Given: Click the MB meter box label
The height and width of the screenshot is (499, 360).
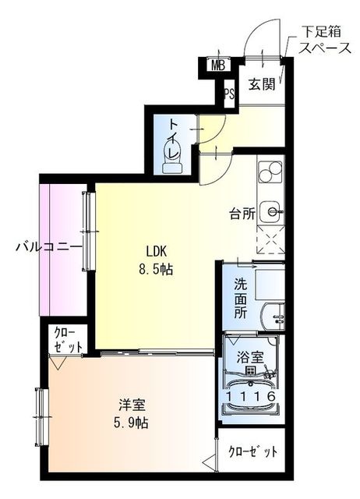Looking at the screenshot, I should [218, 65].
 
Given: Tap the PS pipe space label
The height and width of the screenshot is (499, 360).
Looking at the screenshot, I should [228, 94].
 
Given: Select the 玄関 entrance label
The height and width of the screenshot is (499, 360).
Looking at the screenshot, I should [261, 85].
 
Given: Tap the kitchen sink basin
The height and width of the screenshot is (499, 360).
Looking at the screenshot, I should [271, 210].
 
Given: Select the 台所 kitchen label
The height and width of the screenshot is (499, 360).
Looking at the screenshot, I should [242, 212].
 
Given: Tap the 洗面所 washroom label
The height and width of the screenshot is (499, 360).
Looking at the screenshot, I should [242, 298].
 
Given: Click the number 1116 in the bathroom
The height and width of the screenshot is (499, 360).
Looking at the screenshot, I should [251, 397].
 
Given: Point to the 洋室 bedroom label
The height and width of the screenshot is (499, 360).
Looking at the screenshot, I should [130, 405].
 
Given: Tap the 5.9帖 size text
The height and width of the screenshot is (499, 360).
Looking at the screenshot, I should [131, 423].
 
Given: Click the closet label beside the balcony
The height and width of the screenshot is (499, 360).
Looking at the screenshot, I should [68, 340].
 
